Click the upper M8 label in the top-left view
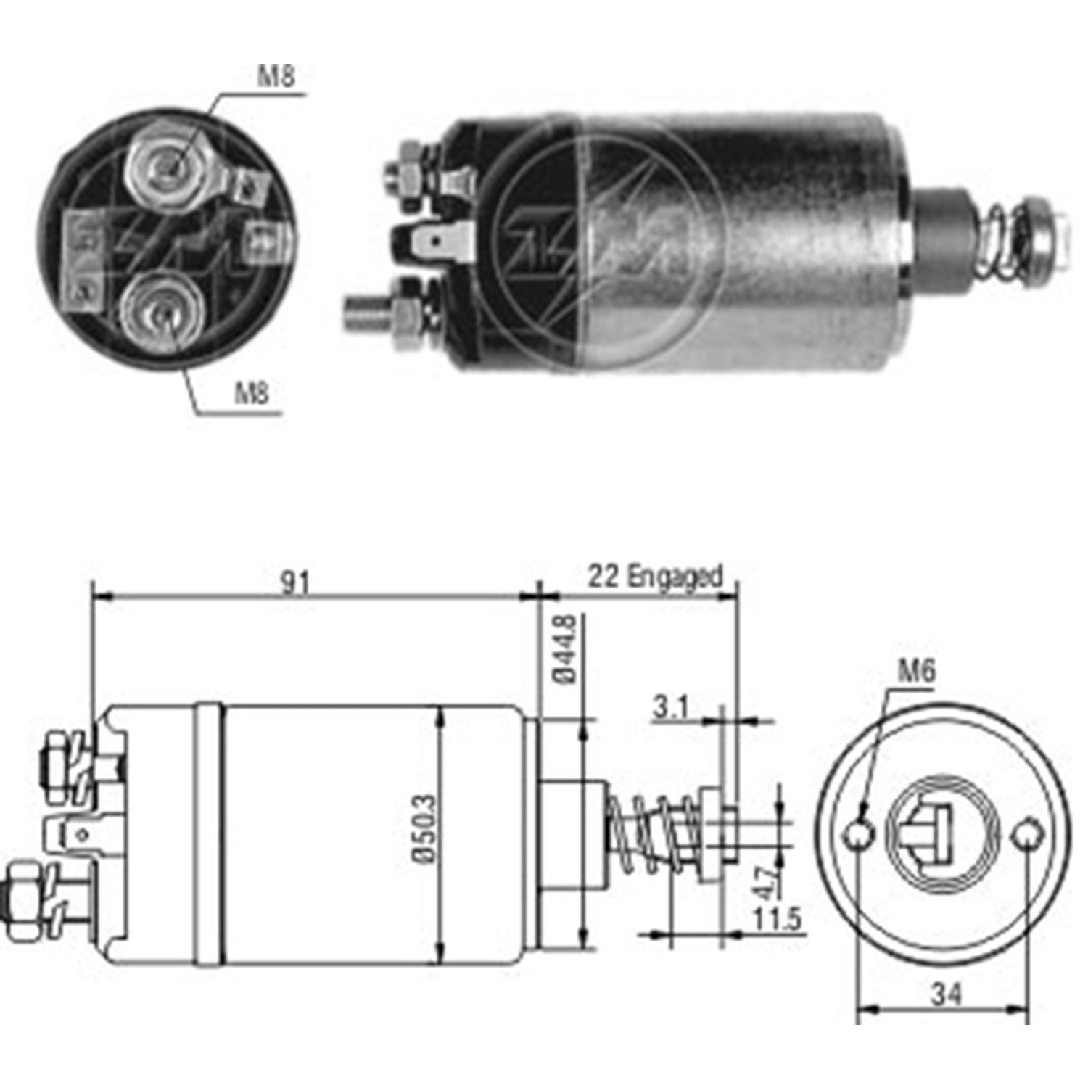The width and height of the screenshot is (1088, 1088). (276, 75)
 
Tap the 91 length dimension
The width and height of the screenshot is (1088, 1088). (294, 582)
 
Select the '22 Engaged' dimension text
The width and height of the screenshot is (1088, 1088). (655, 577)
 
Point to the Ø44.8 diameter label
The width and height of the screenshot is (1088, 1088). (565, 649)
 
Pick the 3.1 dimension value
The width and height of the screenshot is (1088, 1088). (669, 706)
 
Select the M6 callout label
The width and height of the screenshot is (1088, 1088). (917, 670)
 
